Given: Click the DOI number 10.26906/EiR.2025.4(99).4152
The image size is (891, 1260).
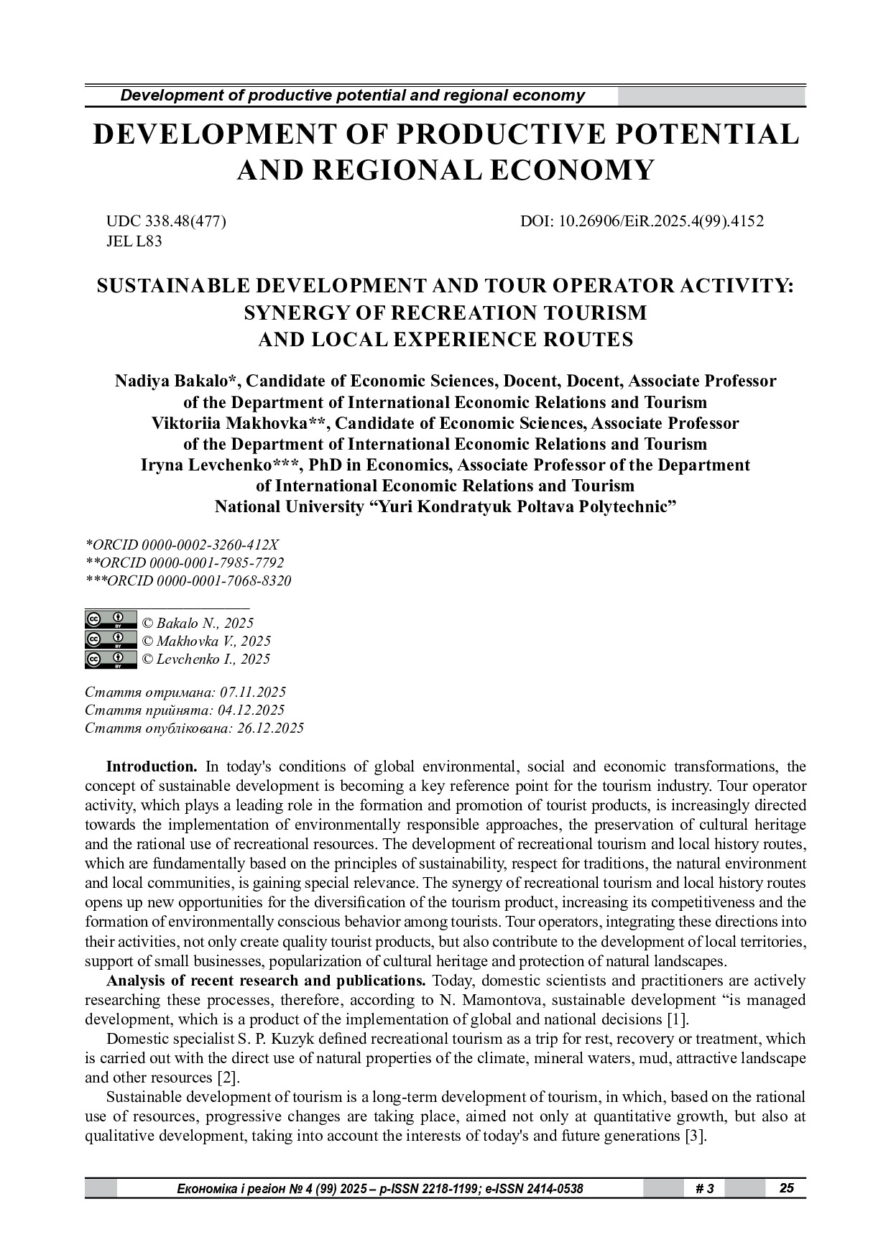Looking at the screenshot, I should (661, 222).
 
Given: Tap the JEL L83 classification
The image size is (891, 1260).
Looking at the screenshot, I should (134, 241).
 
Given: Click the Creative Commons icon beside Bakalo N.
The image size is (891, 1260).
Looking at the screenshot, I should (111, 621).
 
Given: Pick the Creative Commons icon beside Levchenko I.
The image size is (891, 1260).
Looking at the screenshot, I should (111, 659).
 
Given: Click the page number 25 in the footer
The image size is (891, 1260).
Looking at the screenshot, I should (787, 1188).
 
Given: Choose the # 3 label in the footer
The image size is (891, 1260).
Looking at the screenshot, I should (705, 1189).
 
